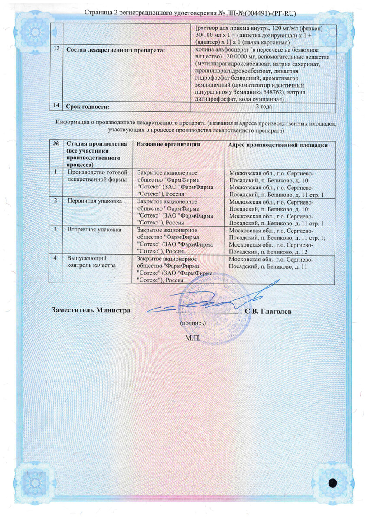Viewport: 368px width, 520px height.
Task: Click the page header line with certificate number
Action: (x=184, y=13)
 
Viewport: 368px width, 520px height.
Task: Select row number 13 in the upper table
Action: (x=56, y=49)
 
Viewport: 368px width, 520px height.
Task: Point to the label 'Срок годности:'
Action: (x=87, y=106)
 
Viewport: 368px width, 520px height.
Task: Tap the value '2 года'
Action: (x=264, y=106)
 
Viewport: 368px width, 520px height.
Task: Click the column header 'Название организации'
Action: (x=168, y=144)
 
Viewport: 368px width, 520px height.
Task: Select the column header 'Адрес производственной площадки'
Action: (x=278, y=145)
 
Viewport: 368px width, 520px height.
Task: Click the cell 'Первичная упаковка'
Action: (x=94, y=201)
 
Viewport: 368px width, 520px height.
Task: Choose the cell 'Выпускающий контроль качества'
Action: (x=91, y=261)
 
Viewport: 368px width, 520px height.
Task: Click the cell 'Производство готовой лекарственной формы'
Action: (x=97, y=176)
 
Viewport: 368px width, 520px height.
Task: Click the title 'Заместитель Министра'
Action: (x=91, y=310)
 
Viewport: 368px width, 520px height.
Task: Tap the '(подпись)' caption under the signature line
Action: (x=192, y=323)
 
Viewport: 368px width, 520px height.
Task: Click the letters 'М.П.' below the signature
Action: (x=192, y=338)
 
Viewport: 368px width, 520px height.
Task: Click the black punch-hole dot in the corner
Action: (x=333, y=483)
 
